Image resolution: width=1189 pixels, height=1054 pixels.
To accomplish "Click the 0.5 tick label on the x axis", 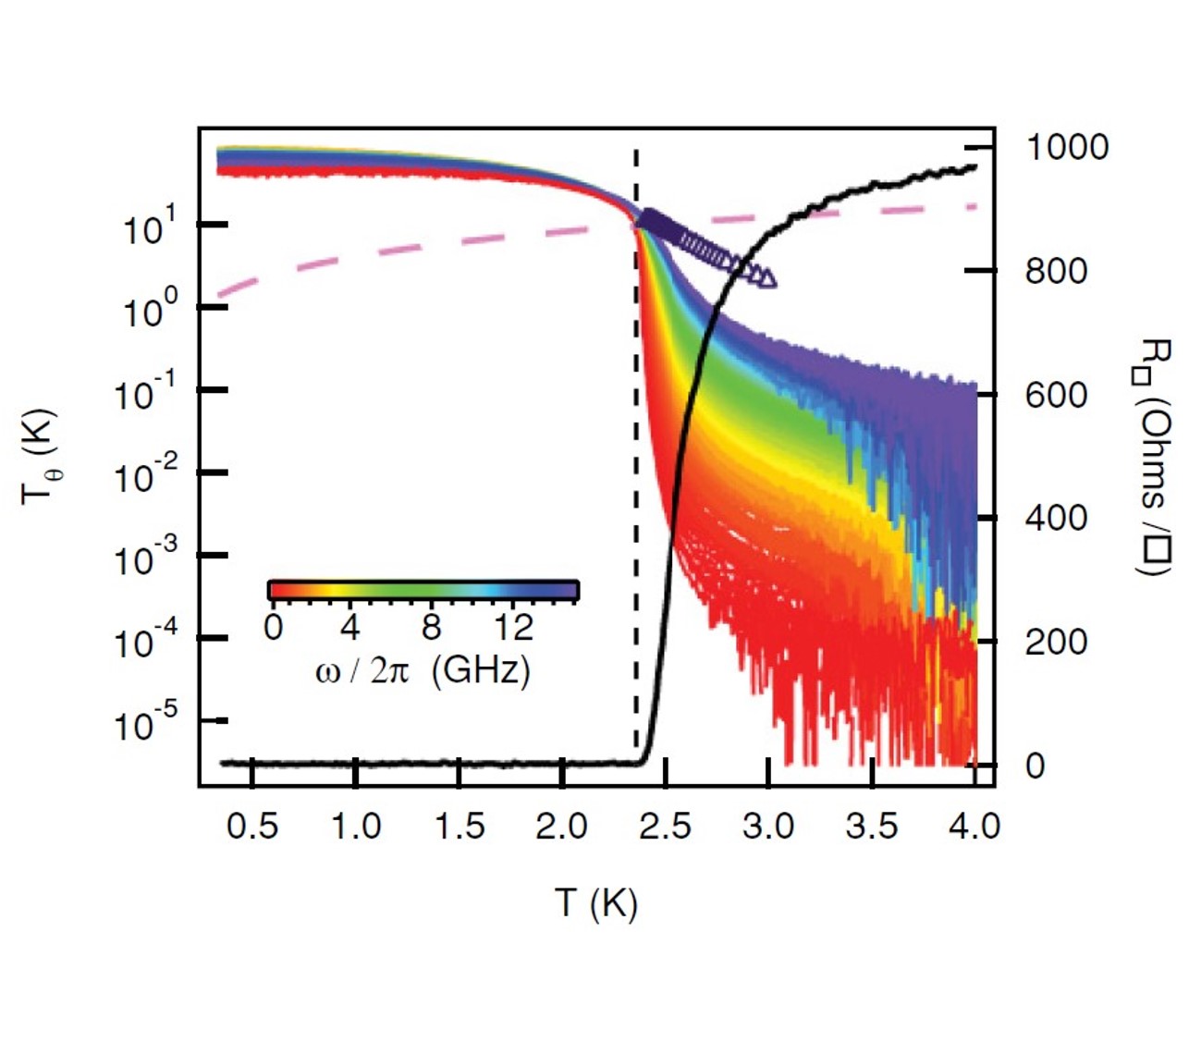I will [251, 826].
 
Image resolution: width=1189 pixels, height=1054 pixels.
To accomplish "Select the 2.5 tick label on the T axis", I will [665, 826].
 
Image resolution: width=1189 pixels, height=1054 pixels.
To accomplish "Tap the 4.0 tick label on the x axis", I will [974, 826].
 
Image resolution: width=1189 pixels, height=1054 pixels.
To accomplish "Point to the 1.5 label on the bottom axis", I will [460, 826].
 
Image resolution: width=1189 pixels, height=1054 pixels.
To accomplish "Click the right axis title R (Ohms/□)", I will [1155, 457].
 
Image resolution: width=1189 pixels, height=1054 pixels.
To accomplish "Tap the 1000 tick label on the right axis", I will [1067, 147].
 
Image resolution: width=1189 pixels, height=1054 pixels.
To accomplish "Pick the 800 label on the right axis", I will [1056, 272].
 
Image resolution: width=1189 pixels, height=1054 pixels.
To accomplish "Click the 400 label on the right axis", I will [1056, 519].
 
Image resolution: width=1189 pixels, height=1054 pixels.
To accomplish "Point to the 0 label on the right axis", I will [1035, 766].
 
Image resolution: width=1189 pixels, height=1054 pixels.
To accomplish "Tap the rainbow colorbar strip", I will [423, 590].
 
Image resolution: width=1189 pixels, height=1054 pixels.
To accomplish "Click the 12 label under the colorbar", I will [512, 628].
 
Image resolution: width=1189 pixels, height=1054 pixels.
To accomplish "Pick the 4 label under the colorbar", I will [349, 628].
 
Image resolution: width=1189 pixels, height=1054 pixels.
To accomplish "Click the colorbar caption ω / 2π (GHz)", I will [423, 668].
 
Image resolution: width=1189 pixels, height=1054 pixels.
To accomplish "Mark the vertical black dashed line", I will [636, 462].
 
